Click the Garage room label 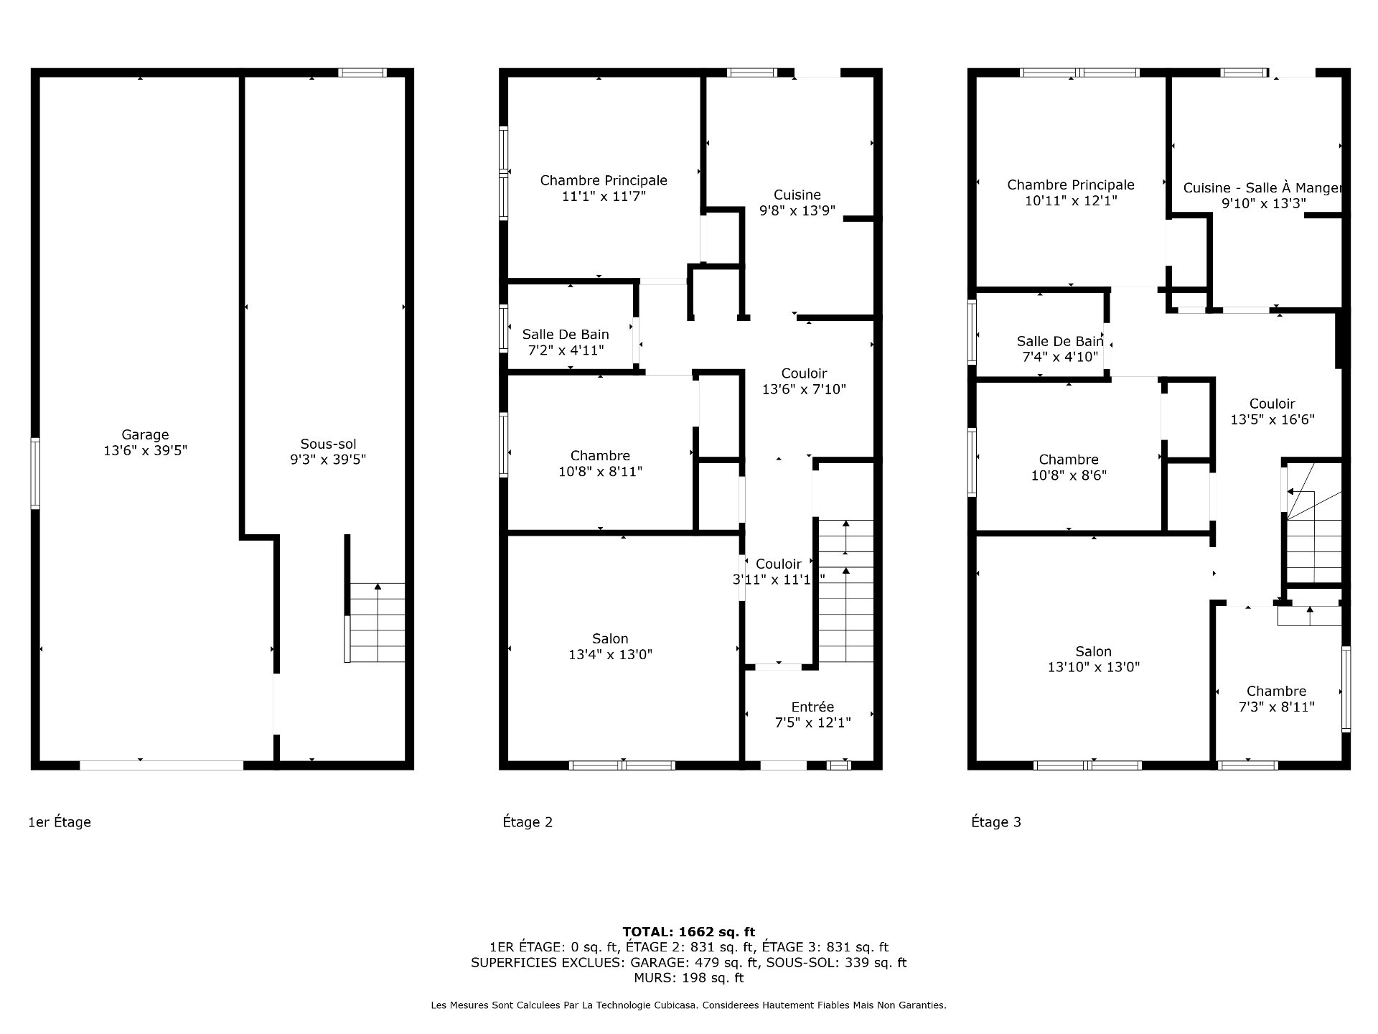(145, 434)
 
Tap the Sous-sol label (328, 444)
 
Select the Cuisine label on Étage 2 (797, 195)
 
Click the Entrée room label (812, 707)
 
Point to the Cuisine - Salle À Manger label (1262, 188)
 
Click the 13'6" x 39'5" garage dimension (146, 451)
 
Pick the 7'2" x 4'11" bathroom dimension (566, 350)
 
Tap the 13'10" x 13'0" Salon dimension (1094, 667)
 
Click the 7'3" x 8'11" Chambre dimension (1277, 707)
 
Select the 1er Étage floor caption (60, 822)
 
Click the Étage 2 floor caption (528, 822)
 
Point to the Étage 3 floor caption (996, 822)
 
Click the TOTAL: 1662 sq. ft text (689, 932)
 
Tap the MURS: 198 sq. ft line (689, 978)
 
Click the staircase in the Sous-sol (376, 623)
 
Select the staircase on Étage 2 (846, 591)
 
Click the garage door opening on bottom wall (161, 765)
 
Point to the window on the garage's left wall (34, 474)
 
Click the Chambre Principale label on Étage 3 (1071, 185)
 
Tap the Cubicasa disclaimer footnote (689, 1006)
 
